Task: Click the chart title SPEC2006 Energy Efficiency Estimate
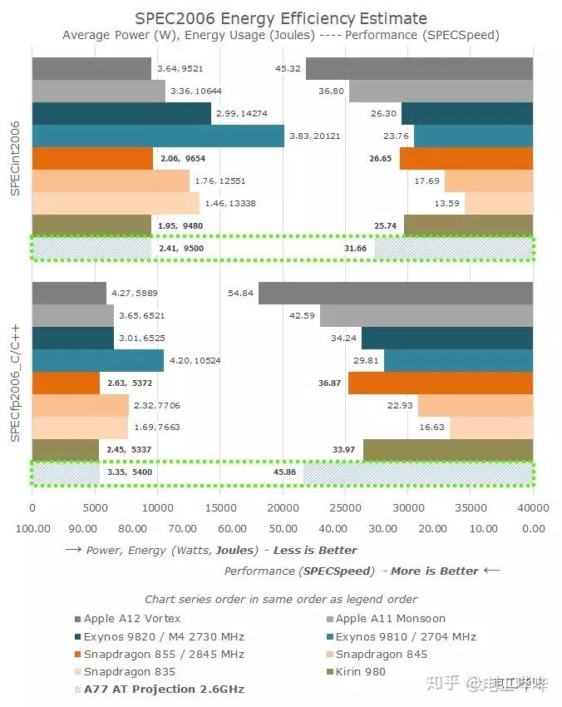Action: tap(281, 17)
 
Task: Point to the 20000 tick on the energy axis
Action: tap(283, 507)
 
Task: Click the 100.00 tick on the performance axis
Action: tap(33, 528)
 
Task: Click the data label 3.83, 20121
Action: tap(313, 136)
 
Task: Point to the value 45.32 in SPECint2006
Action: tap(288, 69)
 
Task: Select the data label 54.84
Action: tap(240, 294)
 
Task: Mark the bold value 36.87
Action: tap(329, 383)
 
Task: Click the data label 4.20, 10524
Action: tap(193, 361)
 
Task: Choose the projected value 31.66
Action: tap(356, 248)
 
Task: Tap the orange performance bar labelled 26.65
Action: tap(466, 158)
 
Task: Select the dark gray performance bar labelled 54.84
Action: tap(395, 294)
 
